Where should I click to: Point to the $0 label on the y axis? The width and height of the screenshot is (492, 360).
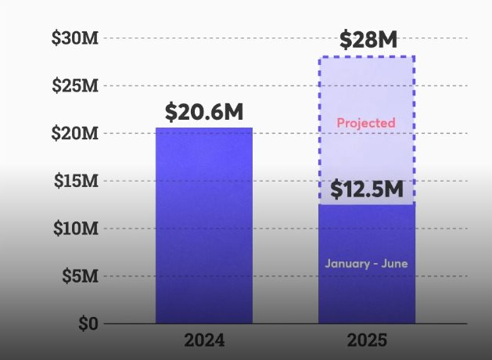click(x=88, y=323)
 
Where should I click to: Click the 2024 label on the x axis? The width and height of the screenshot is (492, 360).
click(x=204, y=341)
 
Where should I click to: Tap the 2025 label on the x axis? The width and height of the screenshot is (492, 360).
click(x=367, y=341)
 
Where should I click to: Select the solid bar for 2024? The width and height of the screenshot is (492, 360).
click(x=204, y=227)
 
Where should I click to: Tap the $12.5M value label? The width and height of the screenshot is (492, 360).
click(x=366, y=189)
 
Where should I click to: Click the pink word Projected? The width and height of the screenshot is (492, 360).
click(x=366, y=123)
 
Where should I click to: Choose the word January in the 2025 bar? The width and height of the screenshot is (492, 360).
click(x=345, y=264)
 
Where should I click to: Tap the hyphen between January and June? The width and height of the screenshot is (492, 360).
click(x=374, y=264)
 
